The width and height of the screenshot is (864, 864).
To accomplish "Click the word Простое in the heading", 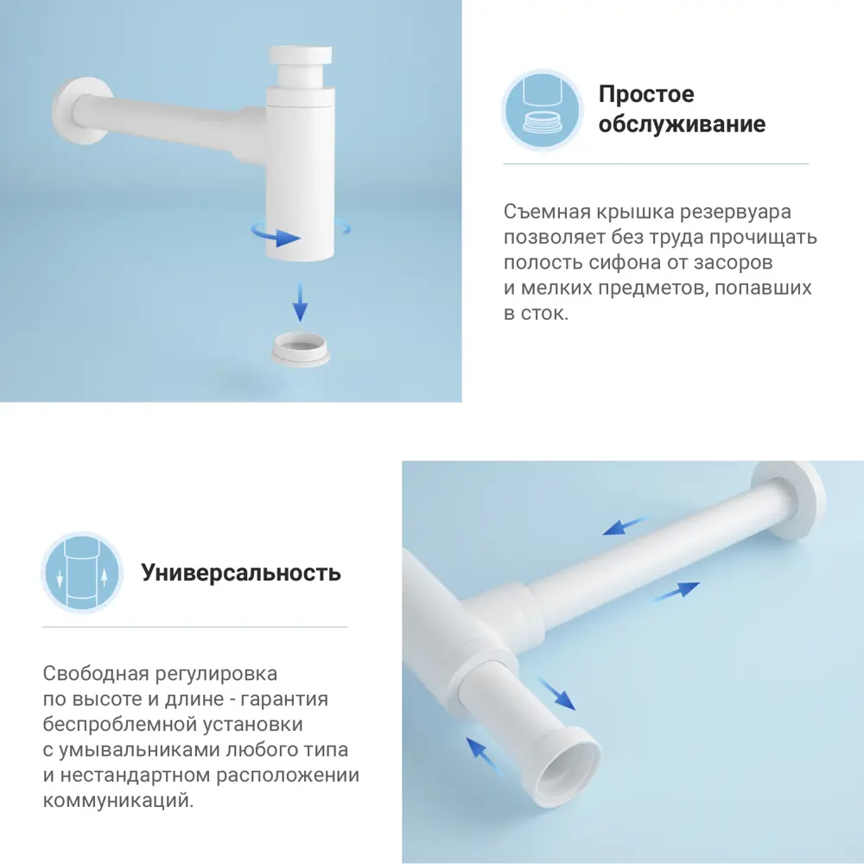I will pyautogui.click(x=646, y=94).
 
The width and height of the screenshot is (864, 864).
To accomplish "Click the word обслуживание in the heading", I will pyautogui.click(x=682, y=124).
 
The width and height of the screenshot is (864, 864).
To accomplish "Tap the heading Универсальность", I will pyautogui.click(x=241, y=573).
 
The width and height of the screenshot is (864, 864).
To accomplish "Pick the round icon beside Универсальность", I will pyautogui.click(x=82, y=573).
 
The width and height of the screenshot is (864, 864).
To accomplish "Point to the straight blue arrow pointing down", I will pyautogui.click(x=300, y=302).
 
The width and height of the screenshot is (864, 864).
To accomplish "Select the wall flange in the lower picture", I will pyautogui.click(x=790, y=499).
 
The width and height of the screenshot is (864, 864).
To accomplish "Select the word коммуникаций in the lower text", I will pyautogui.click(x=117, y=801).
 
